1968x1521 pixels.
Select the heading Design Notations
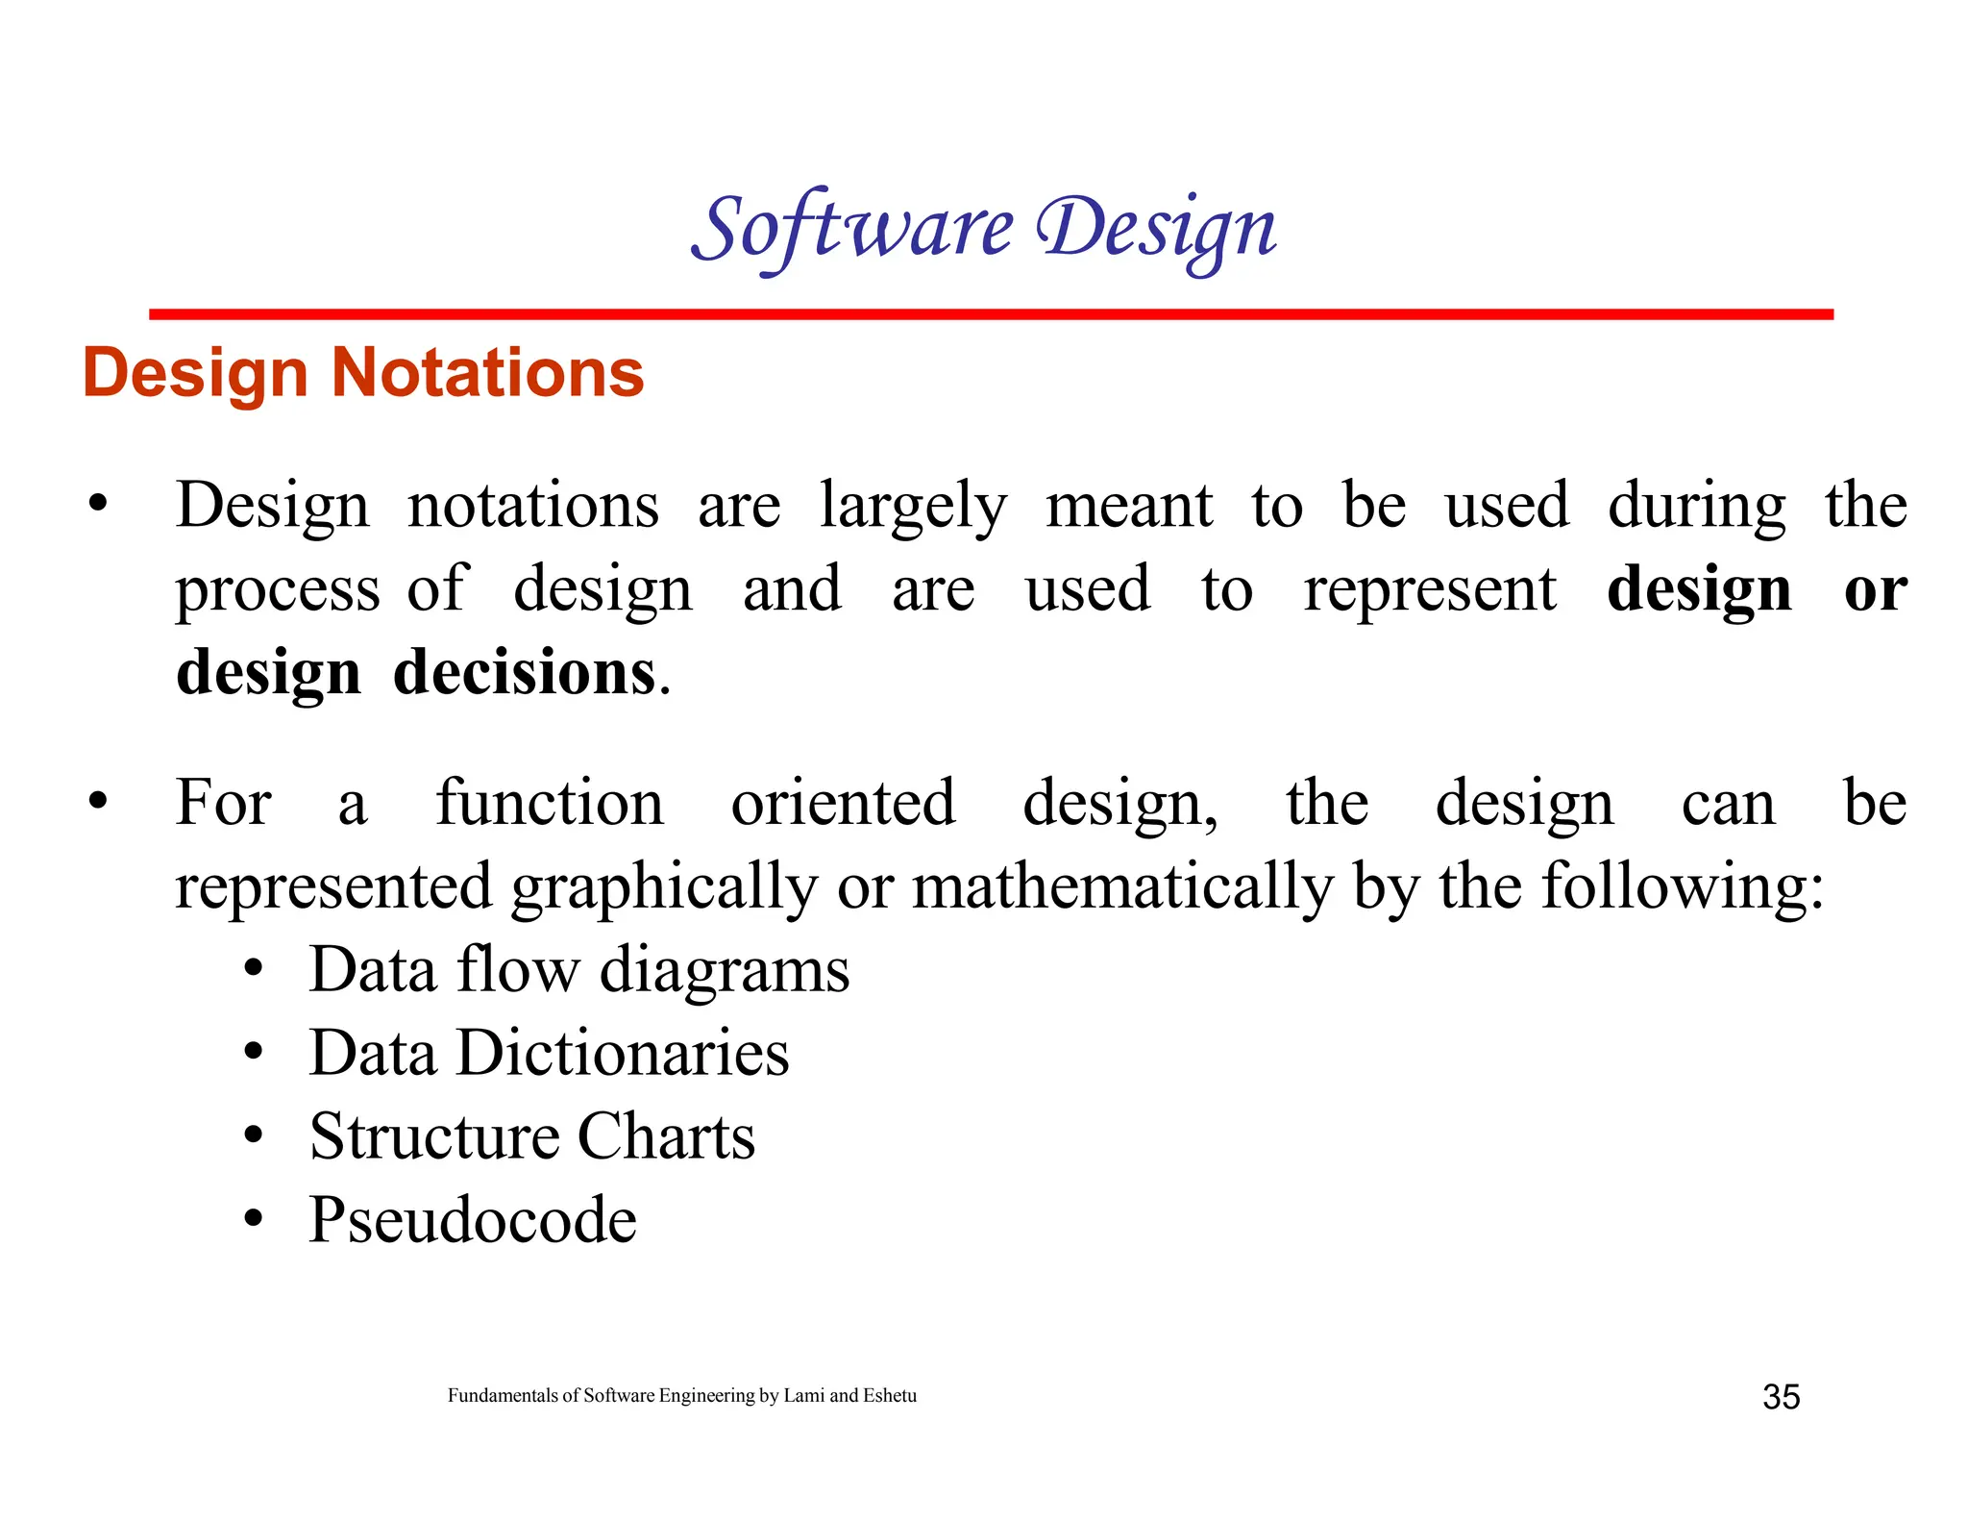[x=363, y=373]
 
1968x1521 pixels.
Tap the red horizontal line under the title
[x=990, y=314]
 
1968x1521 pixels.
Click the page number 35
[x=1781, y=1397]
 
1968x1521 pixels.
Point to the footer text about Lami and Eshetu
[x=682, y=1395]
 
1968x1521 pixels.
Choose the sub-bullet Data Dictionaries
[x=549, y=1053]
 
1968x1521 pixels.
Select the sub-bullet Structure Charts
[x=532, y=1136]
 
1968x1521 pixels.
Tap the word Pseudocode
[x=472, y=1220]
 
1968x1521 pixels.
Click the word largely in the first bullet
[x=913, y=508]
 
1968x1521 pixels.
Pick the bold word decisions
[x=525, y=672]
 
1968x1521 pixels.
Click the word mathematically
[x=1122, y=886]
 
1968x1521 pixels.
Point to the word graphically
[x=664, y=886]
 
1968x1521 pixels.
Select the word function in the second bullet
[x=550, y=803]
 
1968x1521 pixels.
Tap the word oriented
[x=843, y=803]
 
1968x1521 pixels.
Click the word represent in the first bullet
[x=1429, y=589]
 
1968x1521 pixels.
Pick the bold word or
[x=1875, y=589]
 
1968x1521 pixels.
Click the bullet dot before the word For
[x=97, y=801]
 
